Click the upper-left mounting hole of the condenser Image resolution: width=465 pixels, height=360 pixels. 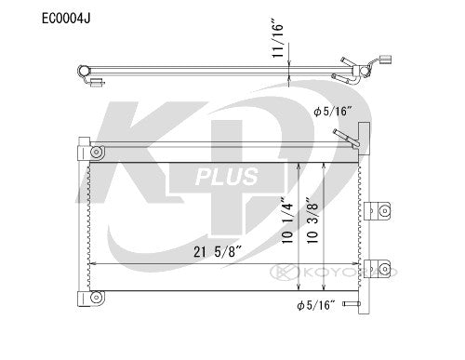[x=97, y=151]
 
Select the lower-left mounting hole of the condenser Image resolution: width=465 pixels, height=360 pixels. [x=97, y=299]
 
